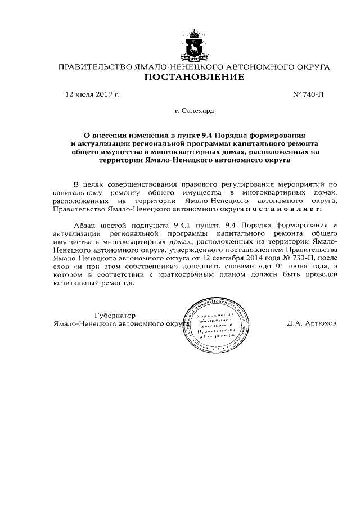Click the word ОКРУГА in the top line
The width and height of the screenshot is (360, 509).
[x=312, y=66]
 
